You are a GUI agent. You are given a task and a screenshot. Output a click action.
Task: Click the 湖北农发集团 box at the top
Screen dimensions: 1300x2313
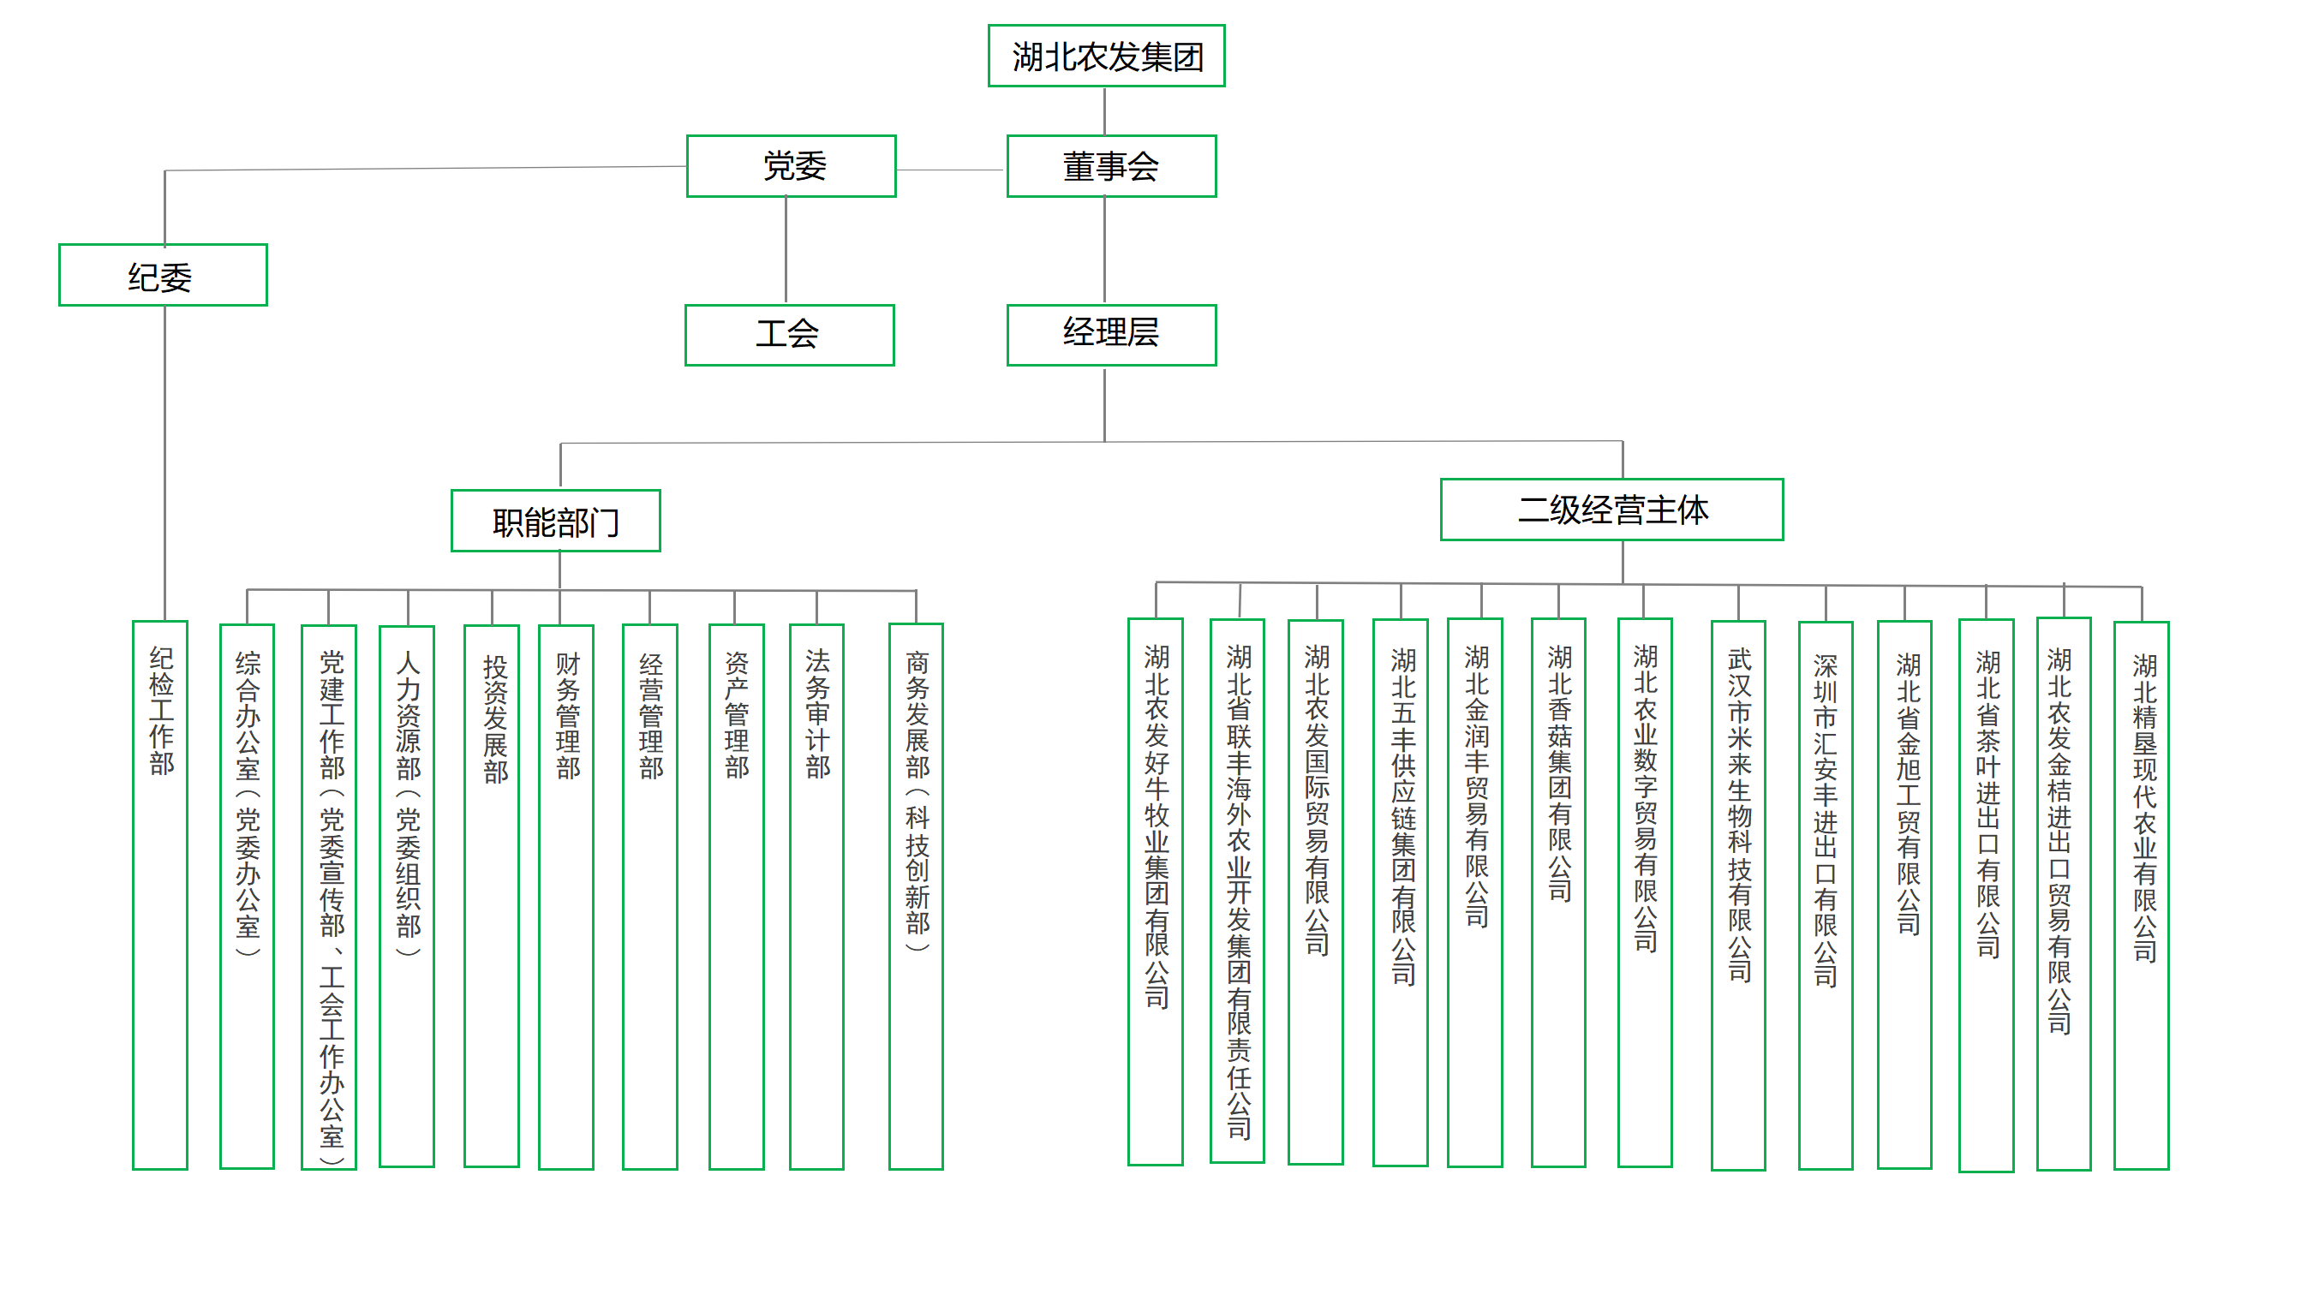coord(1105,56)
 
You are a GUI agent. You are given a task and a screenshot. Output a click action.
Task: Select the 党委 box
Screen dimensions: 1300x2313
coord(791,166)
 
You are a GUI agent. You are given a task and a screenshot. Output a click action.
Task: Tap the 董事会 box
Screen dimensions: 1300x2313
coord(1111,166)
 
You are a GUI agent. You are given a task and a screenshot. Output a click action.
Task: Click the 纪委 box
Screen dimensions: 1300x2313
coord(163,275)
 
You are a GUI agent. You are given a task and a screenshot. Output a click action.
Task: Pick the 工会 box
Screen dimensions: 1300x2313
coord(788,335)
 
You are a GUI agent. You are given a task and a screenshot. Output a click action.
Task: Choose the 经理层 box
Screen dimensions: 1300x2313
coord(1111,335)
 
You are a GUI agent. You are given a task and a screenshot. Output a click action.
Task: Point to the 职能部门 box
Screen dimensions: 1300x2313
coord(556,521)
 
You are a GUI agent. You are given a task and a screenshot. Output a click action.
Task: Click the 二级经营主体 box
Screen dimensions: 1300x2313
coord(1611,510)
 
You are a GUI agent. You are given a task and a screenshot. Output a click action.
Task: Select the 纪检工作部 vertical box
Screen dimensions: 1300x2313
coord(161,893)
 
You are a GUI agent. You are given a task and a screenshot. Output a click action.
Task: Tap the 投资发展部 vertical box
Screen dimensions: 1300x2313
coord(491,895)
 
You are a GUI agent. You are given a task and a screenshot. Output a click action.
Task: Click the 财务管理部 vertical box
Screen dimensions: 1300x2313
coord(565,895)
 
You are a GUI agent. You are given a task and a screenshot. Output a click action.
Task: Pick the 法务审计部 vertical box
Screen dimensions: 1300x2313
coord(816,895)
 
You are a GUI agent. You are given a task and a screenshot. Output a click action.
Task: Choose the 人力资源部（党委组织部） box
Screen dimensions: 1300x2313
coord(407,895)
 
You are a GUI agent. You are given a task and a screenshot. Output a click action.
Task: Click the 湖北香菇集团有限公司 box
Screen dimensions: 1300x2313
coord(1558,892)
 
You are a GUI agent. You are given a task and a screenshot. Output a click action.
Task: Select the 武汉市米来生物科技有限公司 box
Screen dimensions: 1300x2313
coord(1737,894)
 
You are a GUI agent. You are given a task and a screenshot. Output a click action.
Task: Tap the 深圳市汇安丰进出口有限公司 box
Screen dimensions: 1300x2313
coord(1825,894)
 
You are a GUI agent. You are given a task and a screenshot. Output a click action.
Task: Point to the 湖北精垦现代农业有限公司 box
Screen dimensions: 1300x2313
coord(2141,894)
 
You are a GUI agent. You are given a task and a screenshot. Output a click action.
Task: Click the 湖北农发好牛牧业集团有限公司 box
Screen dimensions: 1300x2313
coord(1155,892)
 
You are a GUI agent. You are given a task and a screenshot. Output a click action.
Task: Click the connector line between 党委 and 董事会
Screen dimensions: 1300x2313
coord(950,170)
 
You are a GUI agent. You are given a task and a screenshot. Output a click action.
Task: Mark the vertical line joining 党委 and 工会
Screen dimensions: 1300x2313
coord(786,249)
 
